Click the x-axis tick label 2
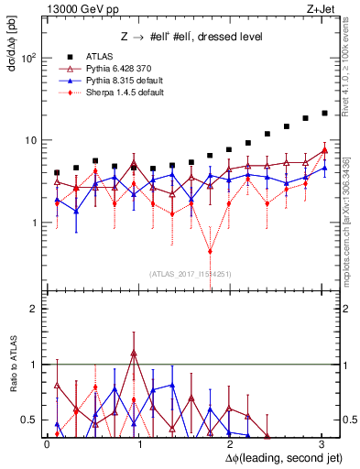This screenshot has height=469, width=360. [x=229, y=442]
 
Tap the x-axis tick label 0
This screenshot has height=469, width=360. [x=47, y=442]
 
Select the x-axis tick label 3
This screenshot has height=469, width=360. [x=321, y=442]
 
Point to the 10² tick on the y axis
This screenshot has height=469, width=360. [x=27, y=58]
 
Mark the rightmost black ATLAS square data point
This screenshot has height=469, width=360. [x=324, y=114]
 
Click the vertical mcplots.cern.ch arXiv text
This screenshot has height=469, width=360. [x=348, y=220]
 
